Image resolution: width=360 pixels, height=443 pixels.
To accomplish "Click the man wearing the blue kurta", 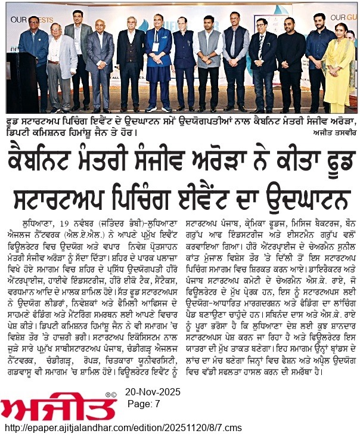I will pos(159,66).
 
